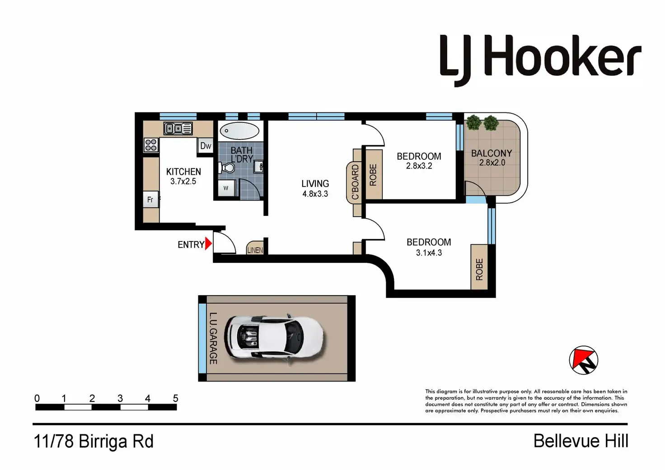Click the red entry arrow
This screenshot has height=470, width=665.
tap(208, 244)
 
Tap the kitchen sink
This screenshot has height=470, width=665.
tap(178, 129)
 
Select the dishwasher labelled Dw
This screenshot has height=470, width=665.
tap(206, 146)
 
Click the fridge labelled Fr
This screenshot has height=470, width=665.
tap(150, 200)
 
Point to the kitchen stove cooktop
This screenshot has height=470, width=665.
tap(151, 145)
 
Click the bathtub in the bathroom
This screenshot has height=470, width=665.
tap(239, 130)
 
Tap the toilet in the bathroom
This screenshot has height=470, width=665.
tap(227, 168)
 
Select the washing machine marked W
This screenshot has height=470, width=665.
tap(226, 188)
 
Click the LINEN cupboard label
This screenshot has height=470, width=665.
tap(255, 250)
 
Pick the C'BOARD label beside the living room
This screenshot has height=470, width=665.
tap(355, 182)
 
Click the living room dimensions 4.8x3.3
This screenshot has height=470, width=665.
tap(315, 194)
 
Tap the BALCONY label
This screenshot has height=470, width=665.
tap(492, 154)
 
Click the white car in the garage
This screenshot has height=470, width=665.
tap(275, 338)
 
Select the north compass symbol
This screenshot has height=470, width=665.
tap(583, 360)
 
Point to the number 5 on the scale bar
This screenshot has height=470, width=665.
tap(175, 398)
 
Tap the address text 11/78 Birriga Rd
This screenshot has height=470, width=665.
tap(94, 441)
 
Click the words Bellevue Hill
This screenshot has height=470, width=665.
tap(581, 441)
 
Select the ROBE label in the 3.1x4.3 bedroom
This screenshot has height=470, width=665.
tap(479, 270)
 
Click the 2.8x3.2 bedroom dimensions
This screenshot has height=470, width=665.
tap(419, 166)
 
